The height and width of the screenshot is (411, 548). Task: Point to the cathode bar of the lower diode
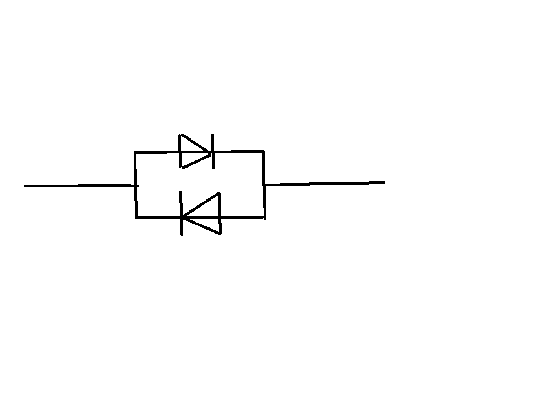tap(182, 214)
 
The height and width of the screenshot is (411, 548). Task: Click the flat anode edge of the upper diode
tap(181, 151)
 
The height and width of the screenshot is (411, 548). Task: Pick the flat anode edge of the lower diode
tap(219, 214)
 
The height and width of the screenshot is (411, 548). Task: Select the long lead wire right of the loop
tap(325, 183)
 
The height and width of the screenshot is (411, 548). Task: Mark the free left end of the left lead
tap(25, 186)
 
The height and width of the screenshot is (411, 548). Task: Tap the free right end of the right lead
tap(383, 182)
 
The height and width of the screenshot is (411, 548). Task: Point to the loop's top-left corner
tap(135, 152)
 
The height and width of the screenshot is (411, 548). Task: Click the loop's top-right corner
tap(263, 151)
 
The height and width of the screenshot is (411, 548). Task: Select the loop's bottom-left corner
tap(136, 217)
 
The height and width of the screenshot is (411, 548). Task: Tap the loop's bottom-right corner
tap(264, 218)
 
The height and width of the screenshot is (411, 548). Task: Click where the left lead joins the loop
tap(136, 186)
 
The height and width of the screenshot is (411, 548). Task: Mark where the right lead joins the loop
tap(264, 185)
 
